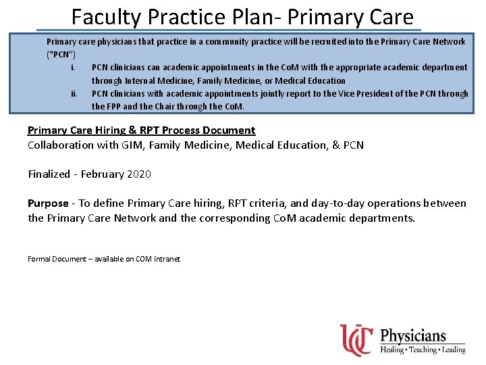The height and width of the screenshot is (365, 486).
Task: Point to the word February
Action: coord(101,174)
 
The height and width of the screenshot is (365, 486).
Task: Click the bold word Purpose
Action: coord(48,203)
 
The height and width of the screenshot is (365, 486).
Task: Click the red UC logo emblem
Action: coord(356,339)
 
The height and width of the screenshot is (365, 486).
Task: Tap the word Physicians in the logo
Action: coord(413,336)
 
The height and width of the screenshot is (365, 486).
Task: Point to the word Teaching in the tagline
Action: coord(423,349)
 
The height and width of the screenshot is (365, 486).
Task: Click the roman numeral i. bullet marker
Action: coord(72,68)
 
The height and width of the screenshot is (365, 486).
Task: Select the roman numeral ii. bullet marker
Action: coord(73,93)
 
